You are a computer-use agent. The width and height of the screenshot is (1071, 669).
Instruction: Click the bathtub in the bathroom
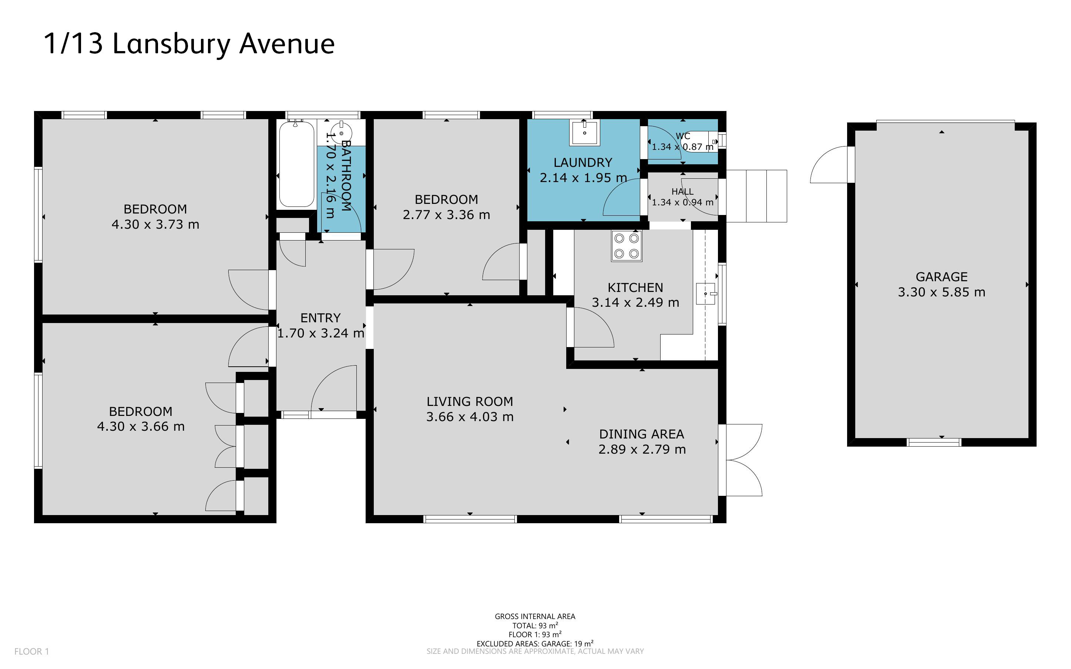pyautogui.click(x=296, y=164)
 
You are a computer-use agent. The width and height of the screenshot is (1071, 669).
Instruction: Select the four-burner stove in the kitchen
pyautogui.click(x=627, y=246)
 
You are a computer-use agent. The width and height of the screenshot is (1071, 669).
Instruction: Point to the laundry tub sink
pyautogui.click(x=584, y=132)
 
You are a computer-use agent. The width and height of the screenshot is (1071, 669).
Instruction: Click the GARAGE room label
pyautogui.click(x=941, y=277)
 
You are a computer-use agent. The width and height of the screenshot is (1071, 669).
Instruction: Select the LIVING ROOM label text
pyautogui.click(x=469, y=402)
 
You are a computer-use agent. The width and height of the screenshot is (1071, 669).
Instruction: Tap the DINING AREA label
pyautogui.click(x=641, y=434)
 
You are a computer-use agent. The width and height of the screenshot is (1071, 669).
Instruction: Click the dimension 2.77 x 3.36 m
pyautogui.click(x=446, y=215)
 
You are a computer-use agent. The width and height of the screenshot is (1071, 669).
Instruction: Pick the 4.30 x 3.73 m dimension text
pyautogui.click(x=155, y=225)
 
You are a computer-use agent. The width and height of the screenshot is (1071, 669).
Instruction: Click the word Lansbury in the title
pyautogui.click(x=171, y=44)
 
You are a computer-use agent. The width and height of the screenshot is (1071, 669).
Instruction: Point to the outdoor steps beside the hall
pyautogui.click(x=756, y=196)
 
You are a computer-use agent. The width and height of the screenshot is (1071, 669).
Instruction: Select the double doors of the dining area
pyautogui.click(x=743, y=460)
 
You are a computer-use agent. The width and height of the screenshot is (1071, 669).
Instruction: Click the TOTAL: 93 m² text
pyautogui.click(x=534, y=626)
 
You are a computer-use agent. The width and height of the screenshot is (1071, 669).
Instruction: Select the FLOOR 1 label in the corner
pyautogui.click(x=31, y=651)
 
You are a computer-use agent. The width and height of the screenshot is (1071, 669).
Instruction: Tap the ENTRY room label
pyautogui.click(x=320, y=318)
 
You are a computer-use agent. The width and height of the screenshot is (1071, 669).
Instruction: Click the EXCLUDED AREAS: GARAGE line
pyautogui.click(x=534, y=643)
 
